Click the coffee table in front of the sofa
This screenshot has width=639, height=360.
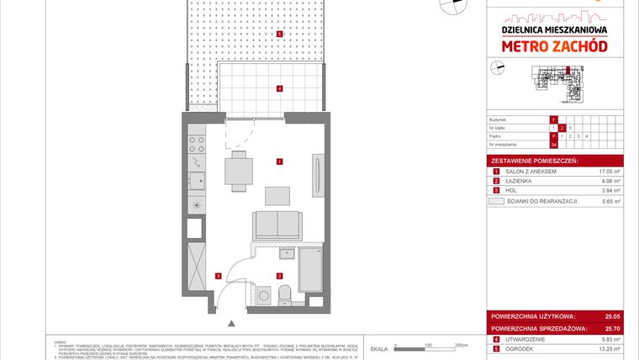tap(277, 195)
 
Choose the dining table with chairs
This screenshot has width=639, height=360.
tap(239, 172)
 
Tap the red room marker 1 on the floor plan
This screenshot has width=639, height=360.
tap(279, 161)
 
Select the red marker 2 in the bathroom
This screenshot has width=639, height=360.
tap(279, 275)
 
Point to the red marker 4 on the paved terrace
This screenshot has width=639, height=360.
tap(279, 88)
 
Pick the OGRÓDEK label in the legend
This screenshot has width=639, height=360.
tap(519, 348)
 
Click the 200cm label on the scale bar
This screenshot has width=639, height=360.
tap(460, 345)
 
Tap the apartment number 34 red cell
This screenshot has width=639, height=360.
tap(553, 145)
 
